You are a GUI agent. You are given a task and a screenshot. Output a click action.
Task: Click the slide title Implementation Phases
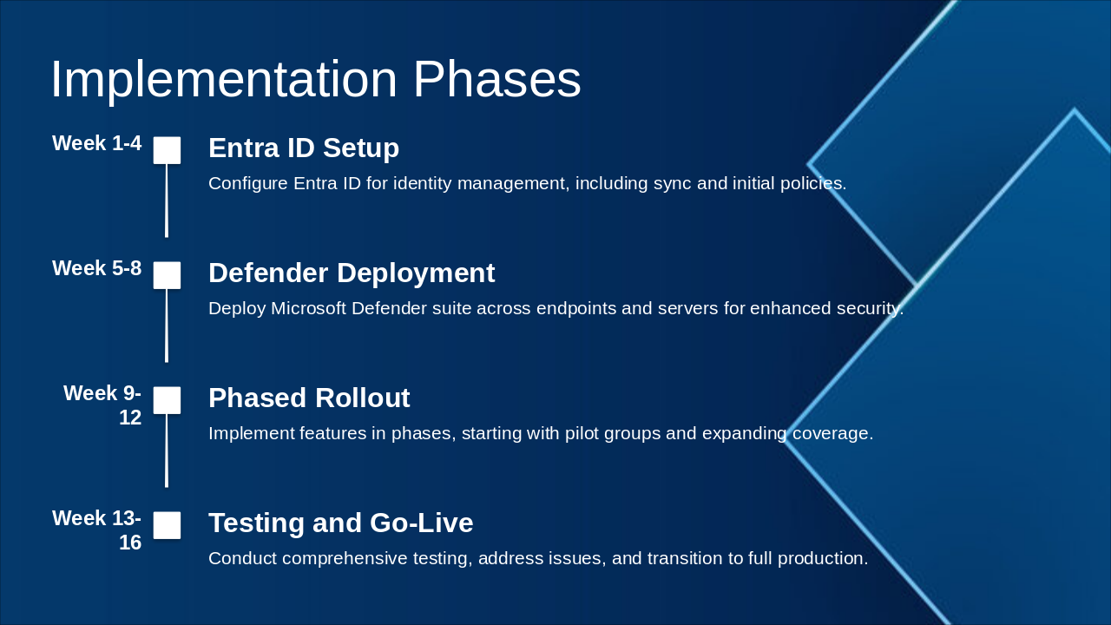tap(315, 79)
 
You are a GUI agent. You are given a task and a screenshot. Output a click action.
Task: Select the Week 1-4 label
tap(96, 143)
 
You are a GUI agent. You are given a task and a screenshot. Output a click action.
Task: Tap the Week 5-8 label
tap(96, 268)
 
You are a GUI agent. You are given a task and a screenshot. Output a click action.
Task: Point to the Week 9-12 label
tap(102, 405)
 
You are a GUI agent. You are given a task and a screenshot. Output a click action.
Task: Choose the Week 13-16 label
tap(96, 530)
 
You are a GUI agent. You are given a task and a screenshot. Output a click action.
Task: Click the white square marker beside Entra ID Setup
tap(167, 150)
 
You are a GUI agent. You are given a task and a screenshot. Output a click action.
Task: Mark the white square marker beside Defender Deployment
tap(167, 275)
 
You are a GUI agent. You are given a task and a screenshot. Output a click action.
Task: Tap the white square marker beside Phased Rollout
tap(167, 400)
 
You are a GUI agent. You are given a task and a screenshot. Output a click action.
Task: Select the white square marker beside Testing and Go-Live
tap(167, 525)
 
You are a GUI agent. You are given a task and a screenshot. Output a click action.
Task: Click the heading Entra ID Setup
tap(304, 148)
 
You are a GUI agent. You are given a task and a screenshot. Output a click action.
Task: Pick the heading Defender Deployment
tap(352, 273)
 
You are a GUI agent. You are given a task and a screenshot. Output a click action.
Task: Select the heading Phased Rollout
tap(309, 398)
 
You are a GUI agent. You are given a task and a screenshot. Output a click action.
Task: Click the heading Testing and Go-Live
tap(341, 523)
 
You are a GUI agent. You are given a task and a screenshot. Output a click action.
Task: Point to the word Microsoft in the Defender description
tap(308, 308)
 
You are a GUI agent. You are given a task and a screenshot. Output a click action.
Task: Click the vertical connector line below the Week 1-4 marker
tap(167, 201)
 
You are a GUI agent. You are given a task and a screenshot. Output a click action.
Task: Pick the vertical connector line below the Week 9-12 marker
tap(167, 451)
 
